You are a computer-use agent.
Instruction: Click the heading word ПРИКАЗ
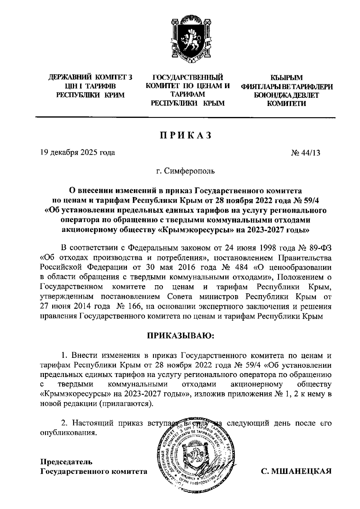click(185, 136)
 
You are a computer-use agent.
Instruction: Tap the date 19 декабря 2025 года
click(78, 153)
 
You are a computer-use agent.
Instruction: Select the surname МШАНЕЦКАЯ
click(296, 472)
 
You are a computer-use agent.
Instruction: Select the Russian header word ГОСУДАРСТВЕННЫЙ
click(188, 78)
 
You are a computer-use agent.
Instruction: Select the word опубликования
click(69, 433)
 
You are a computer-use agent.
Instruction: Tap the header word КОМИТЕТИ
click(286, 104)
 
